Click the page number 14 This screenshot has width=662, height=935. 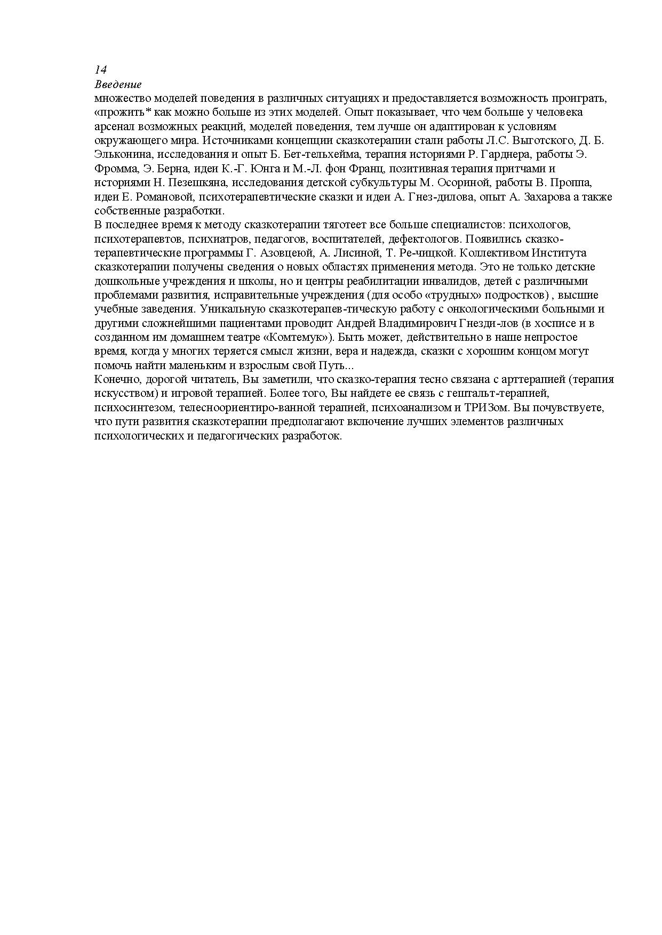[101, 70]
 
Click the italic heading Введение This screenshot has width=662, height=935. [118, 84]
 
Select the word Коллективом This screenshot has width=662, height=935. [490, 253]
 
